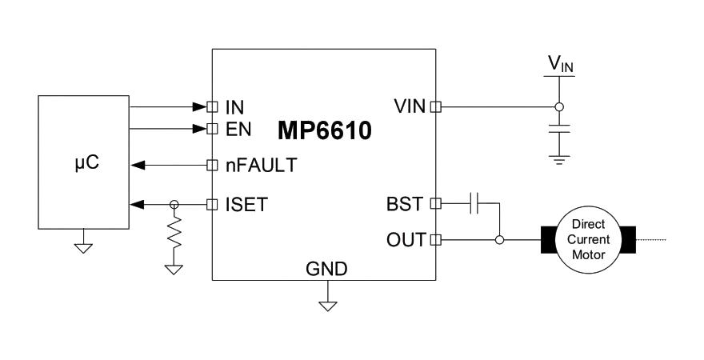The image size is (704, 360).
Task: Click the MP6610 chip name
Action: click(x=325, y=130)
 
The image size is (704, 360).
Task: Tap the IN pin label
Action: click(x=235, y=108)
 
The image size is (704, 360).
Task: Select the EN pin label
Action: click(x=238, y=130)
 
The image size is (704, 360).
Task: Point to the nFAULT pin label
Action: click(x=262, y=165)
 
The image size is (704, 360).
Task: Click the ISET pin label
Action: click(x=246, y=205)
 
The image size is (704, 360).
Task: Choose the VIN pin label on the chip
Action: click(x=410, y=107)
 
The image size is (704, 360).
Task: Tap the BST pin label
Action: click(x=405, y=204)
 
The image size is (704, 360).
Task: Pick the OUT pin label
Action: click(x=406, y=240)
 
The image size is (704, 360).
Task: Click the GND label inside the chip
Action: click(x=326, y=269)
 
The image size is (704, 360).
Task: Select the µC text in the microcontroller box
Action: click(x=87, y=162)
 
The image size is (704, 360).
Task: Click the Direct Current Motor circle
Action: click(x=588, y=240)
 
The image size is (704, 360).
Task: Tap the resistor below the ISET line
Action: click(x=174, y=232)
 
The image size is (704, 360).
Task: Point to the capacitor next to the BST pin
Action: click(x=474, y=204)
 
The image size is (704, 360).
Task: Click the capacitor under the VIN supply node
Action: click(x=559, y=130)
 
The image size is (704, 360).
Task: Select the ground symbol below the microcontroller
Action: click(x=83, y=248)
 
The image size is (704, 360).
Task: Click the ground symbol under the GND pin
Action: click(x=328, y=306)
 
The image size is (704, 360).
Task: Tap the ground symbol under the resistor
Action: click(x=174, y=270)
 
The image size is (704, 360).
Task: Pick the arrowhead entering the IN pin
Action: click(x=199, y=107)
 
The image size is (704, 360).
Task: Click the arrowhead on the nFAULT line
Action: click(x=138, y=165)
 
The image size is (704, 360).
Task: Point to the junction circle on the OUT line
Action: click(x=499, y=240)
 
